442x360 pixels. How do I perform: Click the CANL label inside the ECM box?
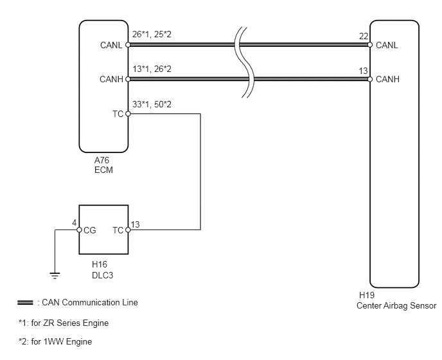111,45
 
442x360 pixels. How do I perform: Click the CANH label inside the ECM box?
111,79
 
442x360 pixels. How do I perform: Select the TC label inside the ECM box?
117,114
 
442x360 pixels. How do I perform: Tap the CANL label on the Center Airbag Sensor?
387,45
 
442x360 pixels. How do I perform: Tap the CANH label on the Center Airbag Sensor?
387,79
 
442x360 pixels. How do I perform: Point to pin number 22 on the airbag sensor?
364,37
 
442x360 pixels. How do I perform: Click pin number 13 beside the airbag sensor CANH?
364,70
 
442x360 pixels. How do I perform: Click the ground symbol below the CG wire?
55,276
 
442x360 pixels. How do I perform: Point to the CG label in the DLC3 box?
89,230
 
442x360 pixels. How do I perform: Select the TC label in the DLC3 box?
118,230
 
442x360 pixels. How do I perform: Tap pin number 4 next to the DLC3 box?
74,223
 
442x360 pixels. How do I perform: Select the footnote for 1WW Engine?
55,342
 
